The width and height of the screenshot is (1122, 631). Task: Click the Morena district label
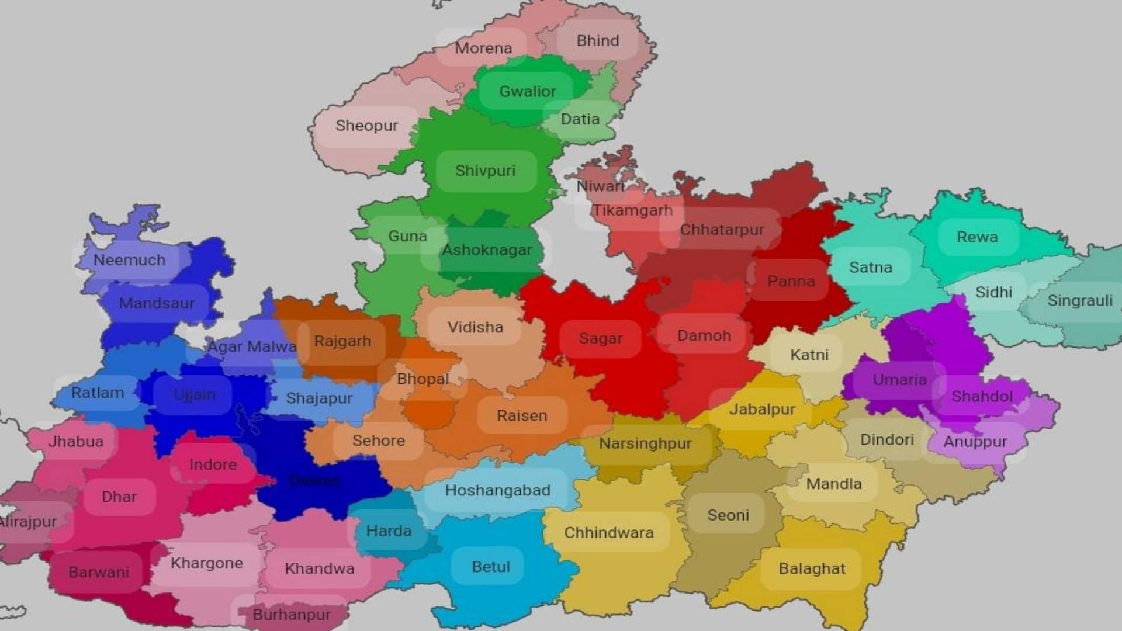point(483,48)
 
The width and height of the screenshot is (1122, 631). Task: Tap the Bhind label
point(597,41)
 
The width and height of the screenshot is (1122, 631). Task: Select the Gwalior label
point(527,91)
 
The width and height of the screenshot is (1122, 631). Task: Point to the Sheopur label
point(366,126)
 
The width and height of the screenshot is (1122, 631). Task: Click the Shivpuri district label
point(485,171)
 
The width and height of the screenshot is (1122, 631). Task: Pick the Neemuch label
point(129,260)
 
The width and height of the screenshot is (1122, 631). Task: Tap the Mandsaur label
point(157,303)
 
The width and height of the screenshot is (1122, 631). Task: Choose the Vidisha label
point(475,327)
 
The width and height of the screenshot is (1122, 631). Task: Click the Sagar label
point(600,338)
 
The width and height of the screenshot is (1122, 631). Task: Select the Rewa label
point(977,237)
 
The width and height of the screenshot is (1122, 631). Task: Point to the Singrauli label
point(1079,301)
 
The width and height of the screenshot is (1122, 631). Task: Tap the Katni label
point(809,355)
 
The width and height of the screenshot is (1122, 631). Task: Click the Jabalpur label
point(762,409)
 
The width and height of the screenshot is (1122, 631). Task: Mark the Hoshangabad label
point(497,490)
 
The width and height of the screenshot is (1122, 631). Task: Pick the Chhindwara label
point(608,533)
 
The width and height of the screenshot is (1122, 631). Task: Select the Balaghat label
point(812,568)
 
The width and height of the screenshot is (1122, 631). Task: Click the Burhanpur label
point(292,615)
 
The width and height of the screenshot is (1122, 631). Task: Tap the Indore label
point(213,465)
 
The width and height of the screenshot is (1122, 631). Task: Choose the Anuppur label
point(975,442)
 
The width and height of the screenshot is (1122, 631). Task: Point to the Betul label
point(491,567)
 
